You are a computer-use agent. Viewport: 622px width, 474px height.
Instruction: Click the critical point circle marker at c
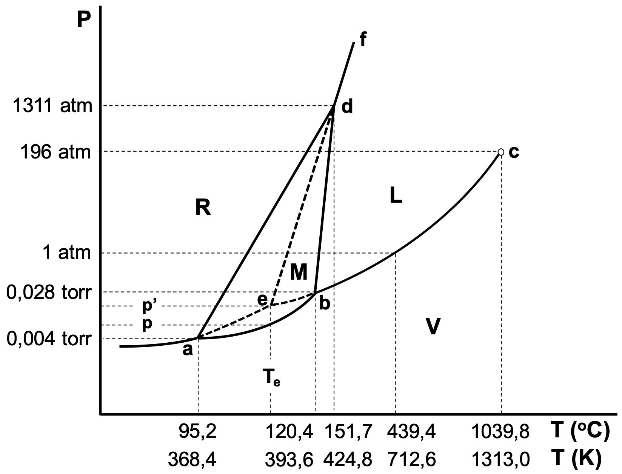[500, 152]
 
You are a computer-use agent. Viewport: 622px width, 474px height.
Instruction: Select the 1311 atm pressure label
[52, 106]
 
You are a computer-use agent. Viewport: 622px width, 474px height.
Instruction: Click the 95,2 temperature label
[197, 431]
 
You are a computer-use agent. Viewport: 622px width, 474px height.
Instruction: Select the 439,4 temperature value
[411, 431]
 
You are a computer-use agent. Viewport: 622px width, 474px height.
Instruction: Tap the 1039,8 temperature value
[501, 431]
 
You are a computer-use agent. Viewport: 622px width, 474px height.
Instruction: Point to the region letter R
[203, 207]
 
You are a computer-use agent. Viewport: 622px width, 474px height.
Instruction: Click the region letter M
[299, 272]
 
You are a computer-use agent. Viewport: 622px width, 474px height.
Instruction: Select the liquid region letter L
[396, 196]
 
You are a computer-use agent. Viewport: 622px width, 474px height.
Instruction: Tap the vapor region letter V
[433, 327]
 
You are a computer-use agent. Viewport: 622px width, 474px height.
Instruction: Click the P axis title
[84, 20]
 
